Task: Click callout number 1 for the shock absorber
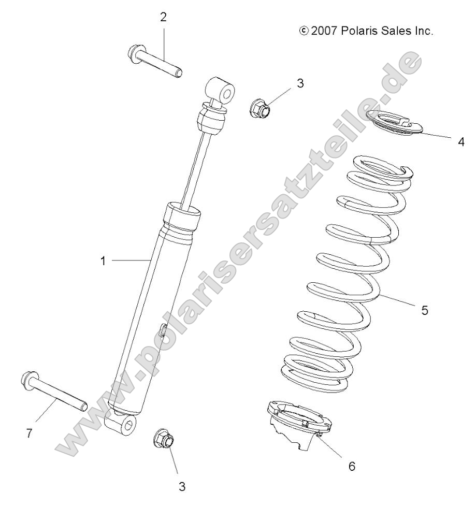(103, 261)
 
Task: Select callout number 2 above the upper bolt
(164, 17)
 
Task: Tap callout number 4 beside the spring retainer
(461, 141)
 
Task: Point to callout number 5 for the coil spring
(425, 311)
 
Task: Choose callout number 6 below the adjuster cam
(352, 466)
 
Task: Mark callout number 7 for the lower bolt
(28, 434)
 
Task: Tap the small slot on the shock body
(162, 330)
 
